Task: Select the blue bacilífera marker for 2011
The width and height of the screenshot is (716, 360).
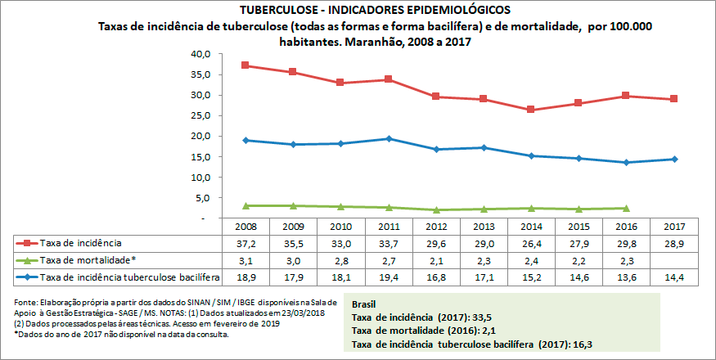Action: pos(388,138)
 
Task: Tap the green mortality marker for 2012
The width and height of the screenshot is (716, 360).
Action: pos(436,210)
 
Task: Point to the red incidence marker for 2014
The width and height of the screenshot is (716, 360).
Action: pos(531,110)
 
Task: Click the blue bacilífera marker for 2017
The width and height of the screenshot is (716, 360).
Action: pos(674,159)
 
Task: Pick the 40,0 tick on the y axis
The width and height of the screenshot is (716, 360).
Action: pos(200,54)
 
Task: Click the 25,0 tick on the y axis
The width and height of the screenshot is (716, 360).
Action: pos(200,115)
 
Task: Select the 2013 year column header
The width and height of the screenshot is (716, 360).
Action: pos(483,227)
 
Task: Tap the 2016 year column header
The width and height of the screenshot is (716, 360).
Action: pos(626,227)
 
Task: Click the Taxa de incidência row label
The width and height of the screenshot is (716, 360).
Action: pos(81,243)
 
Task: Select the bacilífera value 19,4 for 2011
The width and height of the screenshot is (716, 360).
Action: pos(388,277)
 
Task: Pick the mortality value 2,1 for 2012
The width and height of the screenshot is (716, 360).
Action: pos(435,260)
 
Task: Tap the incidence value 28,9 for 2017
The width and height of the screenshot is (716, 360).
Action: pos(674,243)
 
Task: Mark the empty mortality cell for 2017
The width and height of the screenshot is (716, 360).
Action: pos(674,260)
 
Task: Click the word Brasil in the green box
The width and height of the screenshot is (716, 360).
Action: pos(365,304)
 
